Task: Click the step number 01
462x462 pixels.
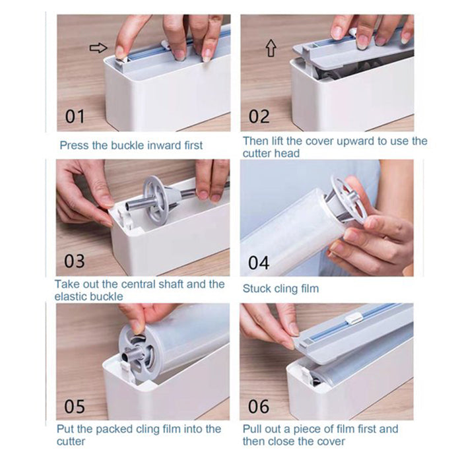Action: [x=75, y=116]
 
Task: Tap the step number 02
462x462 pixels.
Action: [x=259, y=116]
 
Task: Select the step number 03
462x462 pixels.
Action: [x=75, y=261]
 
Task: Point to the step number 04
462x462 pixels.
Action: [x=259, y=263]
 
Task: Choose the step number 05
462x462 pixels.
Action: [x=75, y=407]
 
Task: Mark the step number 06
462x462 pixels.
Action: [x=259, y=407]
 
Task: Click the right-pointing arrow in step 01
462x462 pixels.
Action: [x=98, y=48]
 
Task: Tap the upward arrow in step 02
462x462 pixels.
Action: [x=271, y=48]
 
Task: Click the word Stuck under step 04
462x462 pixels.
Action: [x=257, y=288]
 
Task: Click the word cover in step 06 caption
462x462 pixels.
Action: [x=330, y=442]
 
